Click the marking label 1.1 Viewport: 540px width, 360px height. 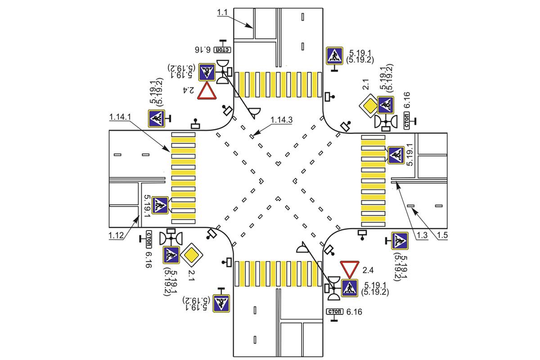tap(222, 12)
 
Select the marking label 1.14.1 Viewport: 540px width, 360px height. tap(120, 117)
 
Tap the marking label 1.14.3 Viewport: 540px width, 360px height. tap(281, 120)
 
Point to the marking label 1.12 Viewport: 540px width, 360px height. tap(116, 235)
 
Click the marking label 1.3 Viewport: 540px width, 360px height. tap(422, 235)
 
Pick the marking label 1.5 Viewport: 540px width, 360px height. tap(442, 235)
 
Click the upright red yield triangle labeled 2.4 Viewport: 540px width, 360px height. tap(207, 91)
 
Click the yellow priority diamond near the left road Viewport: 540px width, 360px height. tap(191, 255)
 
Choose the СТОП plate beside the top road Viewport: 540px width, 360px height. tap(222, 50)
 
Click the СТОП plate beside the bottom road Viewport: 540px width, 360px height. tap(334, 311)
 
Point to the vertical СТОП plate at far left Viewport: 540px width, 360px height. tap(149, 239)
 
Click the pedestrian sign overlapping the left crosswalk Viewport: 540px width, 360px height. tap(160, 205)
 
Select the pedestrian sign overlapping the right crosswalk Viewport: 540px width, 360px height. tap(396, 155)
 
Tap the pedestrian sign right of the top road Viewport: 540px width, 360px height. tap(334, 56)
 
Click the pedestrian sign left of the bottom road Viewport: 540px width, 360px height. tap(221, 303)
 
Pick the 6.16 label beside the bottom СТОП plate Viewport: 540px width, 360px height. tap(354, 312)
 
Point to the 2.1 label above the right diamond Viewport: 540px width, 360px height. tap(365, 85)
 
